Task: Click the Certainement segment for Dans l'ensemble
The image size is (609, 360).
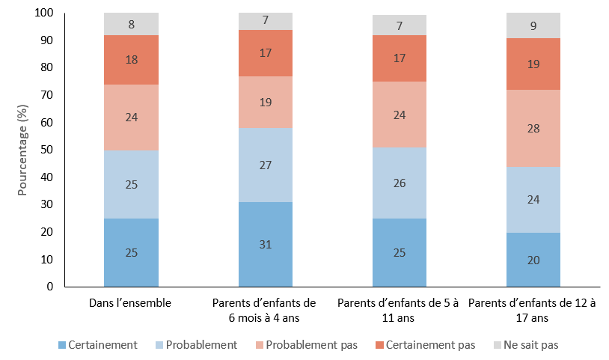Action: coord(131,252)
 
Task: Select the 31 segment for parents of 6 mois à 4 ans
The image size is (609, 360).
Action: coord(266,244)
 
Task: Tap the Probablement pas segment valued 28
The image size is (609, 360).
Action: coord(533,128)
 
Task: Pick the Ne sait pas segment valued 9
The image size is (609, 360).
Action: coord(533,25)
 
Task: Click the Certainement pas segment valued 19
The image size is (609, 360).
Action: coord(533,64)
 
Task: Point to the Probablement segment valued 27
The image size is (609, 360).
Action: coord(266,165)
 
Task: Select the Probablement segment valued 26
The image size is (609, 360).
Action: coord(400,183)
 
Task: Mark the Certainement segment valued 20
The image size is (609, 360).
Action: coord(533,259)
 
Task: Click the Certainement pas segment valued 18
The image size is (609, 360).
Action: coord(131,59)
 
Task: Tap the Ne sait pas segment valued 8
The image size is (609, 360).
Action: coord(131,24)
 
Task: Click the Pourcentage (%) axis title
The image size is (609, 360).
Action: coord(22,150)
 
